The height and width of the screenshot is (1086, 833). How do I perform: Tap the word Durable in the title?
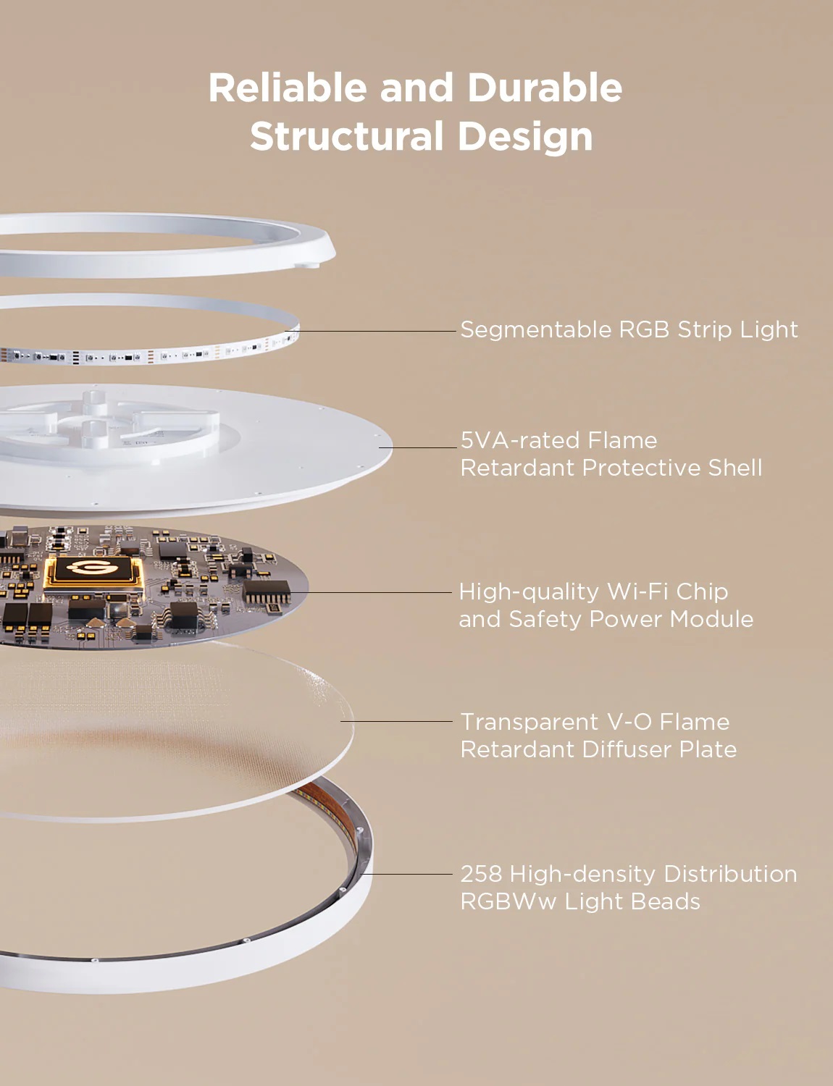(545, 88)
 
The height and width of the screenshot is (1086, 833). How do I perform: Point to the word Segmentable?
(536, 330)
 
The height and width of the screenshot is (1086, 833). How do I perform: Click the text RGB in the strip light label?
(644, 329)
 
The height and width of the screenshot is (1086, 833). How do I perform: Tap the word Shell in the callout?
(735, 468)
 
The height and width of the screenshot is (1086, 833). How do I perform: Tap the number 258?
(481, 874)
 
